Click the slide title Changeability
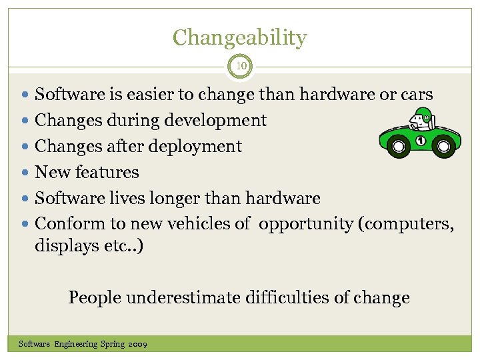[240, 37]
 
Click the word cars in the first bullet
[417, 95]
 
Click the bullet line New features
[87, 172]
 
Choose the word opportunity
[306, 224]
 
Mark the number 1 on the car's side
[420, 141]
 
